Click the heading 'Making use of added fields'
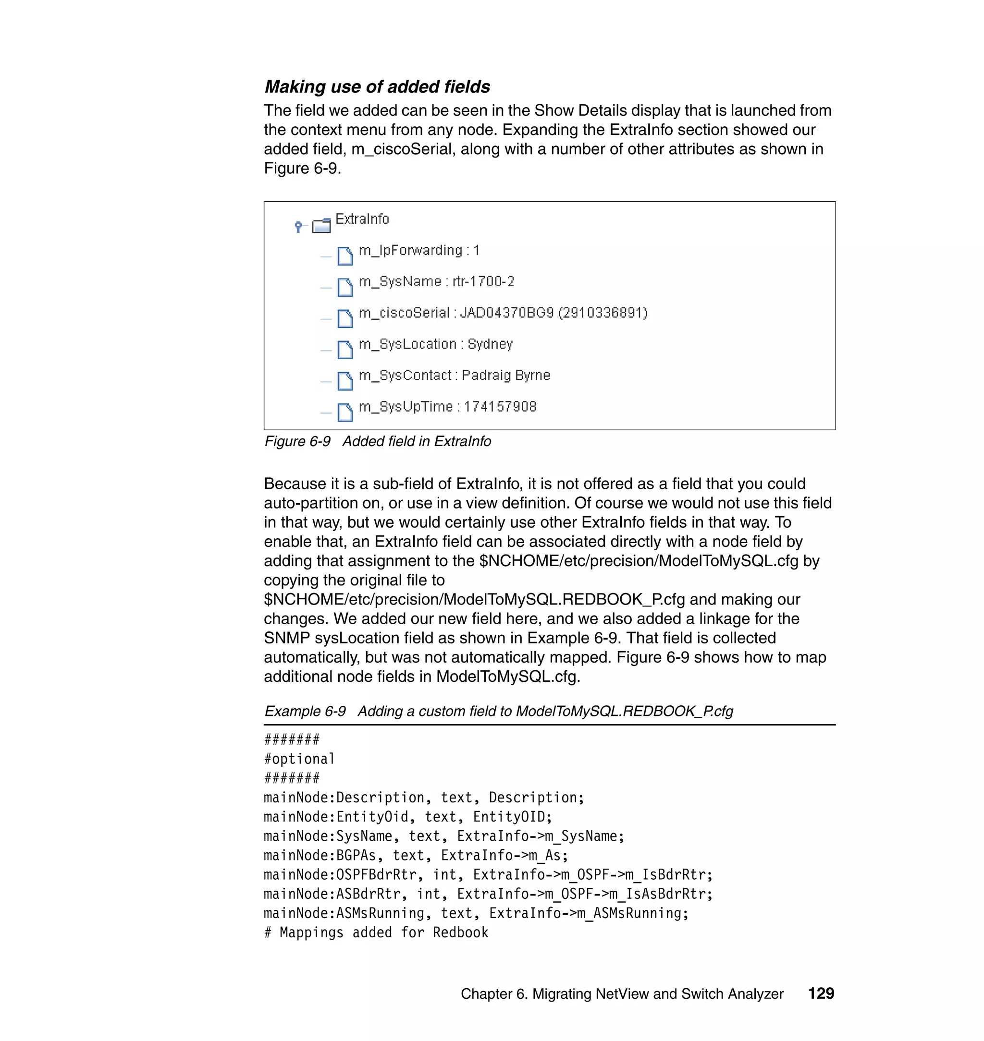(x=377, y=86)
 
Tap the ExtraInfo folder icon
(x=321, y=225)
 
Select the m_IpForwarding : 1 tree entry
(x=418, y=251)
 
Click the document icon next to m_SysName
(x=344, y=287)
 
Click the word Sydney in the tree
(x=490, y=344)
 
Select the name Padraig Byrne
(x=505, y=375)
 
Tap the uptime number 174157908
(x=500, y=407)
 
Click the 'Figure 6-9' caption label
(x=297, y=441)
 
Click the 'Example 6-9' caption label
(x=305, y=711)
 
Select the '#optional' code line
(x=299, y=759)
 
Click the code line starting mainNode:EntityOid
(x=407, y=817)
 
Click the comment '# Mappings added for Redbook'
(x=376, y=932)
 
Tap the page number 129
(x=821, y=993)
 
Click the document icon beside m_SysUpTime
(x=344, y=412)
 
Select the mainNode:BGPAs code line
(x=416, y=856)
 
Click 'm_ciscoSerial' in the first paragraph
(x=401, y=149)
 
